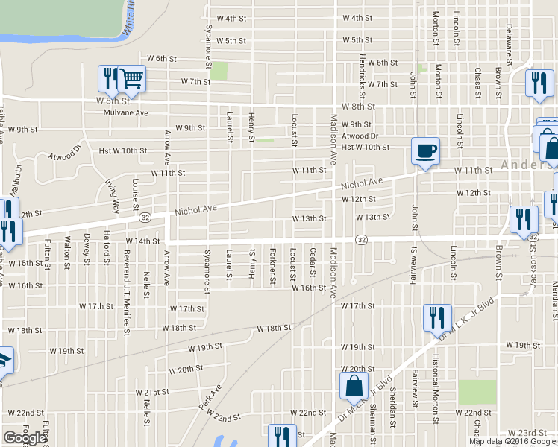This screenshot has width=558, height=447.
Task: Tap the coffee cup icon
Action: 425,151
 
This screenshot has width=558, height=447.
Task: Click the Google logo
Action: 25,438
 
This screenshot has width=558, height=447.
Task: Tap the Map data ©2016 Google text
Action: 512,441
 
